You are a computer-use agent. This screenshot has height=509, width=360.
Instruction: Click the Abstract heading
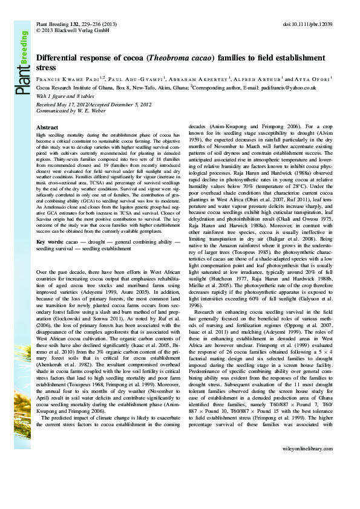(x=48, y=128)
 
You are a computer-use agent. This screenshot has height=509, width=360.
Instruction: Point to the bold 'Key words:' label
(x=49, y=241)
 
